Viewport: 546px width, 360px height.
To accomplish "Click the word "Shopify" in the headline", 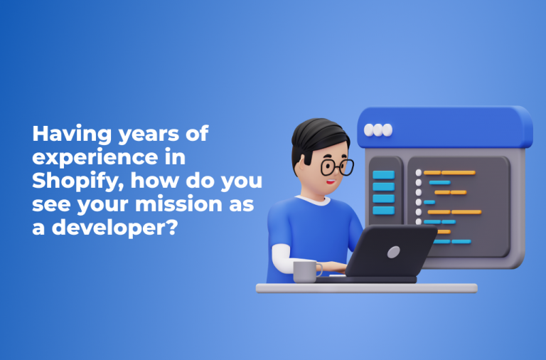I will [x=68, y=181].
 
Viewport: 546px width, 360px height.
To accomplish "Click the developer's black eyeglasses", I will [x=336, y=167].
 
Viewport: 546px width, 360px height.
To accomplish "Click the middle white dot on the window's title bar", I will [x=378, y=130].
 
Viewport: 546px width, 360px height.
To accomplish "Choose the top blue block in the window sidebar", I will [x=383, y=174].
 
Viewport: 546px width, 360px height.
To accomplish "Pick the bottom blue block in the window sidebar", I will [x=383, y=209].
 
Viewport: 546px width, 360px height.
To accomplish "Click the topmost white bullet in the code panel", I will [x=419, y=172].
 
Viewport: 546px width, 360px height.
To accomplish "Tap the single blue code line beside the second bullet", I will [x=439, y=183].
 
